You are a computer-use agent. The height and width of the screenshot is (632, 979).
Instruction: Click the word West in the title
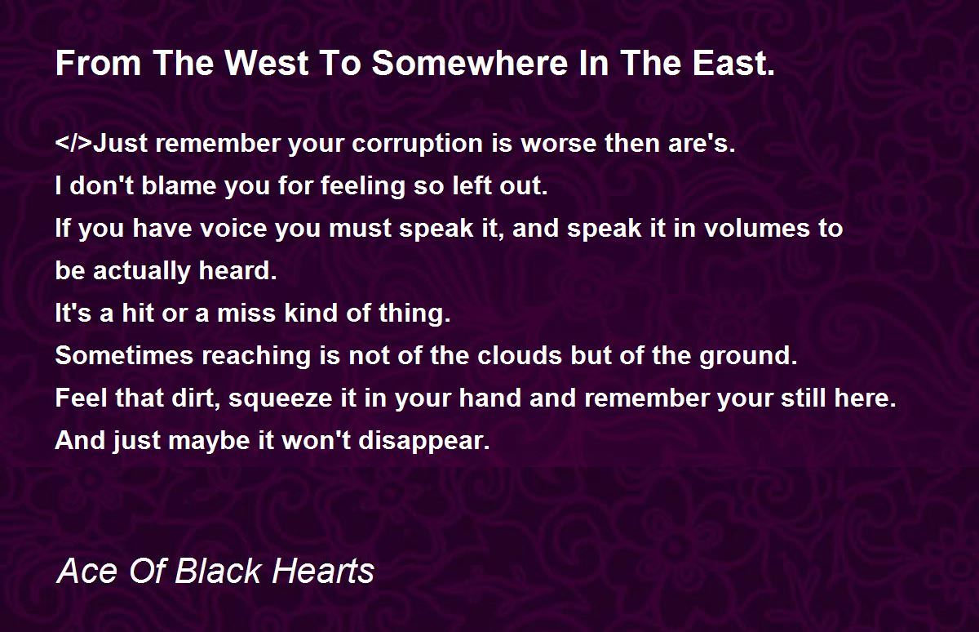coord(267,64)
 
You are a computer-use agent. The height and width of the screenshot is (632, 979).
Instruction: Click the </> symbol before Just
coord(74,143)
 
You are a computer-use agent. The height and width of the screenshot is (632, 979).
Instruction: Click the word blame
coord(179,185)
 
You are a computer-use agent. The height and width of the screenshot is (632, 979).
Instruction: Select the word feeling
coord(363,187)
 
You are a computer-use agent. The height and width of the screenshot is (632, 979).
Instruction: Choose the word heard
coord(237,271)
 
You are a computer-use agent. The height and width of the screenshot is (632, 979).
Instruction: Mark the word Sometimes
coord(124,355)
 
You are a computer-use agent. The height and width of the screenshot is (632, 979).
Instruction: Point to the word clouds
coord(520,355)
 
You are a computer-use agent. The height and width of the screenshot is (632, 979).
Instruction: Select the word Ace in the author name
coord(87,571)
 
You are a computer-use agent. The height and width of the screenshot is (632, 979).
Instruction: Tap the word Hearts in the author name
coord(323,571)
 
